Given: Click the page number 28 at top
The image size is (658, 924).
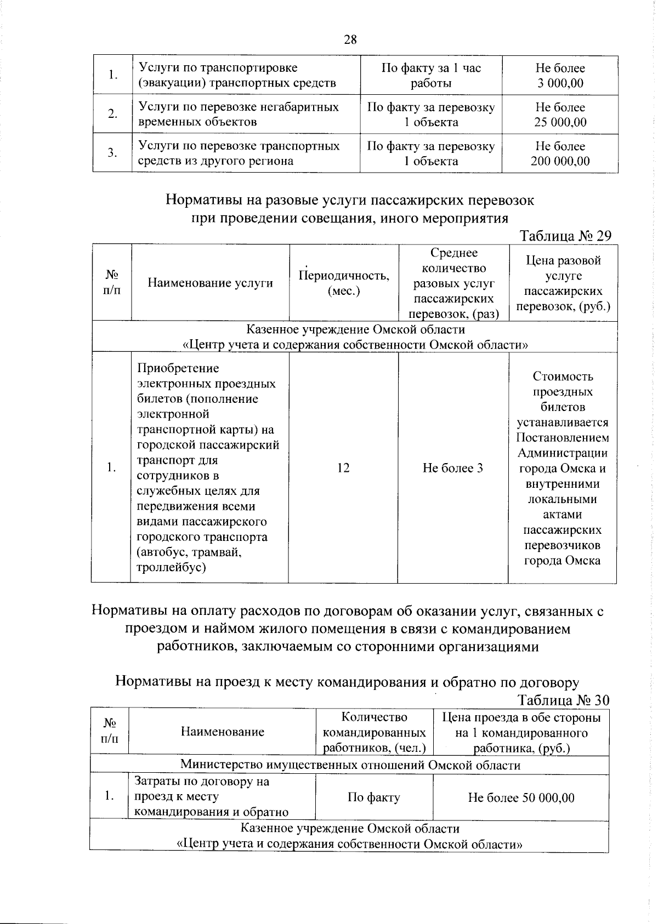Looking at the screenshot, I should (350, 39).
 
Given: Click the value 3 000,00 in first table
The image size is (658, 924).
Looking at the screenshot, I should (560, 83).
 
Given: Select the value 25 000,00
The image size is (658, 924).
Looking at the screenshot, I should (560, 122).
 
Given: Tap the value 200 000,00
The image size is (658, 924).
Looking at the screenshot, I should (560, 161).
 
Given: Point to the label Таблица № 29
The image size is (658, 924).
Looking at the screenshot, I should (565, 236).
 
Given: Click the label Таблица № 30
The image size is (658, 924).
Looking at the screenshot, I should (563, 700).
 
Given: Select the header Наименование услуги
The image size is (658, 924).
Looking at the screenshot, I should (210, 283).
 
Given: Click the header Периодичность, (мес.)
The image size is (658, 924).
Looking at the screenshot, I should (344, 283).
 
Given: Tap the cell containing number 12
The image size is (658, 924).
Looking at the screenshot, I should (343, 468).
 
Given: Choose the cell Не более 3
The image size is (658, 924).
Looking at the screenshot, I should (453, 468).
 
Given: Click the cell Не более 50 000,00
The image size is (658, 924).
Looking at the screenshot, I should (521, 797).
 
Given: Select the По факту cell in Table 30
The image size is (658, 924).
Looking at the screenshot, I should (374, 797).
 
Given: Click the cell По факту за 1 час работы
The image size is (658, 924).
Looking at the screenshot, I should (431, 76).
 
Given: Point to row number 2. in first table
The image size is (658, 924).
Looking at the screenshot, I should (112, 115).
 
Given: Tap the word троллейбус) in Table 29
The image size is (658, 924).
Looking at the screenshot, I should (172, 567).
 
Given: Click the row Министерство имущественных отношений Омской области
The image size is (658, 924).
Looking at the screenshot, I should (350, 765).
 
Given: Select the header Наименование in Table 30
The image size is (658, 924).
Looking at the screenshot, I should (223, 732).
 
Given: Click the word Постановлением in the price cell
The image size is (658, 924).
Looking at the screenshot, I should (562, 438).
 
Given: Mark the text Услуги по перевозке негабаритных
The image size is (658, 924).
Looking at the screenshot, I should (239, 107).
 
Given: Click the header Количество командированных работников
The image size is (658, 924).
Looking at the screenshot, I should (375, 732).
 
